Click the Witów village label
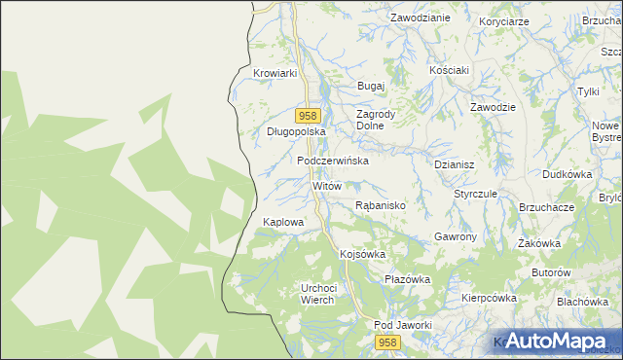pos(327,185)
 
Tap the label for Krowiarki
pos(274,73)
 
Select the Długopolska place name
pos(295,131)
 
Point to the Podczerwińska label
pos(333,161)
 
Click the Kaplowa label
pos(283,222)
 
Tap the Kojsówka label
pos(363,254)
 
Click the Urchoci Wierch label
pos(318,294)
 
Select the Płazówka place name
pos(407,279)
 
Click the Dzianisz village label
pos(454,165)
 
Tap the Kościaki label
pos(450,70)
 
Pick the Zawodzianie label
pos(420,18)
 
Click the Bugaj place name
pos(372,86)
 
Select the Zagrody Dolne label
pos(375,120)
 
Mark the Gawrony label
pos(455,237)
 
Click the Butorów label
pos(550,272)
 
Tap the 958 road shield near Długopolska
pos(306,115)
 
